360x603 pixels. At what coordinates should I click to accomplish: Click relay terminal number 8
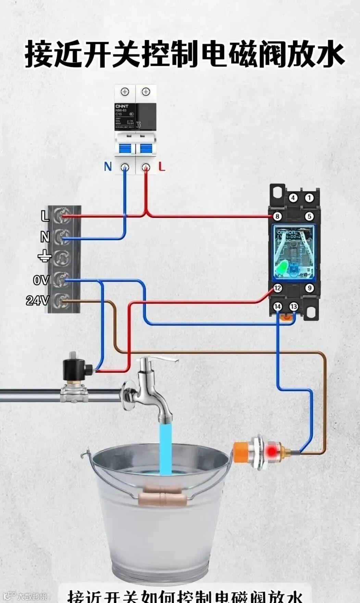277,217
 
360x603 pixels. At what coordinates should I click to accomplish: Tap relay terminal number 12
277,288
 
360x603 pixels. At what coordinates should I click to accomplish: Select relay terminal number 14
277,306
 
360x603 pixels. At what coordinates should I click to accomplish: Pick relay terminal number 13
294,306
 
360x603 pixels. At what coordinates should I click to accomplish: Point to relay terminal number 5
309,217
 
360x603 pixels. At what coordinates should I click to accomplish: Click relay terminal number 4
293,198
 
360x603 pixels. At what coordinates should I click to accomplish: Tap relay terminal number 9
310,288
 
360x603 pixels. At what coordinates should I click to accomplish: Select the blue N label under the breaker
108,167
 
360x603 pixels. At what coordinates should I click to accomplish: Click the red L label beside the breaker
162,167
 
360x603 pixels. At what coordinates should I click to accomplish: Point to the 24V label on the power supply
37,300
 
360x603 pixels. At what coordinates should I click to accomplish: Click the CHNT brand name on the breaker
122,106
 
